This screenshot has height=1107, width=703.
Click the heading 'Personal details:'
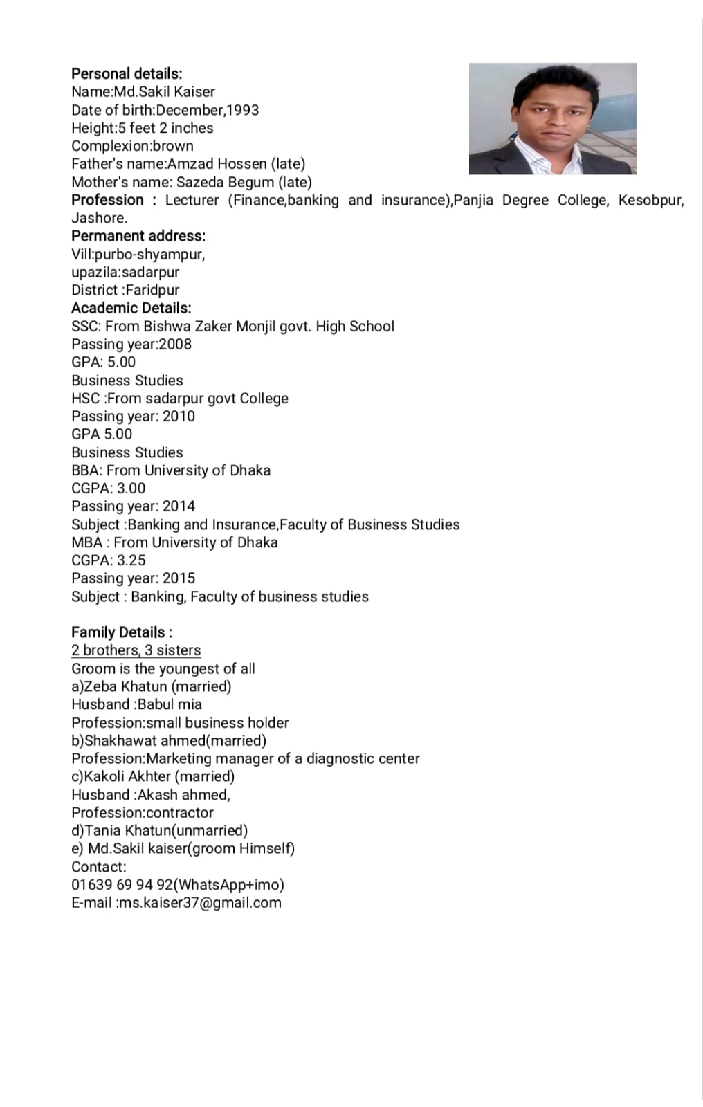[127, 73]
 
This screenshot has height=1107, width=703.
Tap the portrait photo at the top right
[552, 118]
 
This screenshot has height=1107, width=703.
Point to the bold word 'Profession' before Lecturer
[107, 200]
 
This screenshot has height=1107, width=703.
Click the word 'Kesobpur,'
[650, 200]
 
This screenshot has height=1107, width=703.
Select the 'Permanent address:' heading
[138, 236]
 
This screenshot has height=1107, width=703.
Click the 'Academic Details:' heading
[131, 308]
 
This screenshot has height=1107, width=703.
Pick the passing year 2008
[175, 344]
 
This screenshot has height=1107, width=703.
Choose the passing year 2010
[179, 416]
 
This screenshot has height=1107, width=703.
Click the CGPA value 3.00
[131, 488]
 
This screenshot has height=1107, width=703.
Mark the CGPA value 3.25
[131, 560]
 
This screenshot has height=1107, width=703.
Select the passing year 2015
[179, 578]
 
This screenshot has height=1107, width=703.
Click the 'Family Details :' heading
[122, 632]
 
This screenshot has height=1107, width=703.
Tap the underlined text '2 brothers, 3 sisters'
[136, 650]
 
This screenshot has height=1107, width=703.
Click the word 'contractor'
[180, 812]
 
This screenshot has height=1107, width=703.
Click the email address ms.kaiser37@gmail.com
[200, 902]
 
